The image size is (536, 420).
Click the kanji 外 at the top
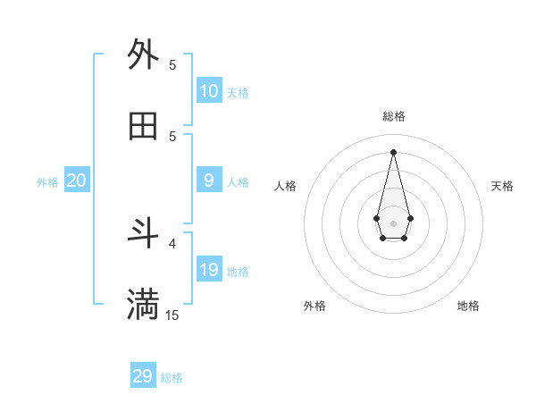[143, 55]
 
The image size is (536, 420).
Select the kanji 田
[143, 126]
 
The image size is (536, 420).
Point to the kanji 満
[143, 305]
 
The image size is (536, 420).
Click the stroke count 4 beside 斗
[172, 242]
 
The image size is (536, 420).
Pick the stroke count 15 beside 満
[172, 315]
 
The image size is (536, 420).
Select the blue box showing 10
[209, 90]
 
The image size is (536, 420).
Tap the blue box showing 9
[209, 181]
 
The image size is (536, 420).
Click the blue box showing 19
[209, 270]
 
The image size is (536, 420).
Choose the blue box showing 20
[77, 181]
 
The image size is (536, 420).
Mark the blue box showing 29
[143, 376]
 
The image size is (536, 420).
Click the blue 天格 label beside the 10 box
[238, 93]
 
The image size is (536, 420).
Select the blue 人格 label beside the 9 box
[238, 182]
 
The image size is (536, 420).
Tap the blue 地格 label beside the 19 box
[238, 272]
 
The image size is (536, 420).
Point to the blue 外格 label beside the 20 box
[47, 182]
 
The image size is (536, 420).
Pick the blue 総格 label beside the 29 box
[172, 378]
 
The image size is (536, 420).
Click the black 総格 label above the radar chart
[394, 116]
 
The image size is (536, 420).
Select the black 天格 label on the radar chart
[503, 186]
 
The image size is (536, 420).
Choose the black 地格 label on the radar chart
[468, 306]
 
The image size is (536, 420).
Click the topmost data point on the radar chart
[394, 151]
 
